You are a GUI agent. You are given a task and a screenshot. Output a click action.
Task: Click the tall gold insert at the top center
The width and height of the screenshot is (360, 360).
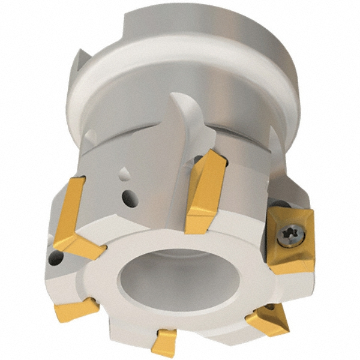coord(205,192)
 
